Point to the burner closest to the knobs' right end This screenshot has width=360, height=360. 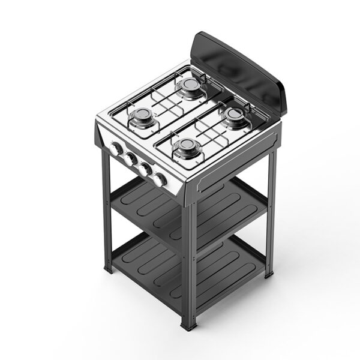coord(187,147)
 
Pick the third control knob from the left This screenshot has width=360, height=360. coord(145,169)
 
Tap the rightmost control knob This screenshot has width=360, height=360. coord(160,179)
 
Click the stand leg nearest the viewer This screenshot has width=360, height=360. coord(190,264)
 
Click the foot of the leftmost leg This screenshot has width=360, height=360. coord(109,268)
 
